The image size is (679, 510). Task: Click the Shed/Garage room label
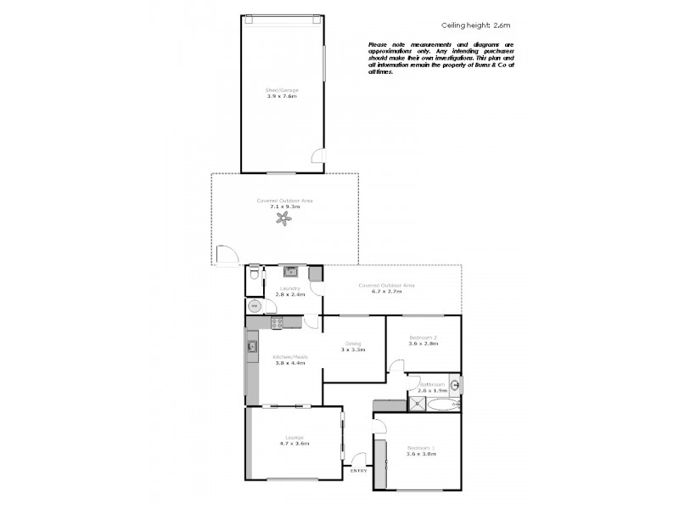point(282,90)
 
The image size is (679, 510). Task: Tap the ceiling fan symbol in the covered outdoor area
point(283,219)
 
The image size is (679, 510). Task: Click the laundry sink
point(289,272)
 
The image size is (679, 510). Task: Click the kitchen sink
point(251,346)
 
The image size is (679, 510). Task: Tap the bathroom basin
point(455,386)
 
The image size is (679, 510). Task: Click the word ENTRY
point(359,469)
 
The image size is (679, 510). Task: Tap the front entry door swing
point(358,457)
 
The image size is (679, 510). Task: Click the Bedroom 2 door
point(396,365)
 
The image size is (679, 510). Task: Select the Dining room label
point(353,344)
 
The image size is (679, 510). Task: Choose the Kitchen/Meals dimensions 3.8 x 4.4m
point(289,362)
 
